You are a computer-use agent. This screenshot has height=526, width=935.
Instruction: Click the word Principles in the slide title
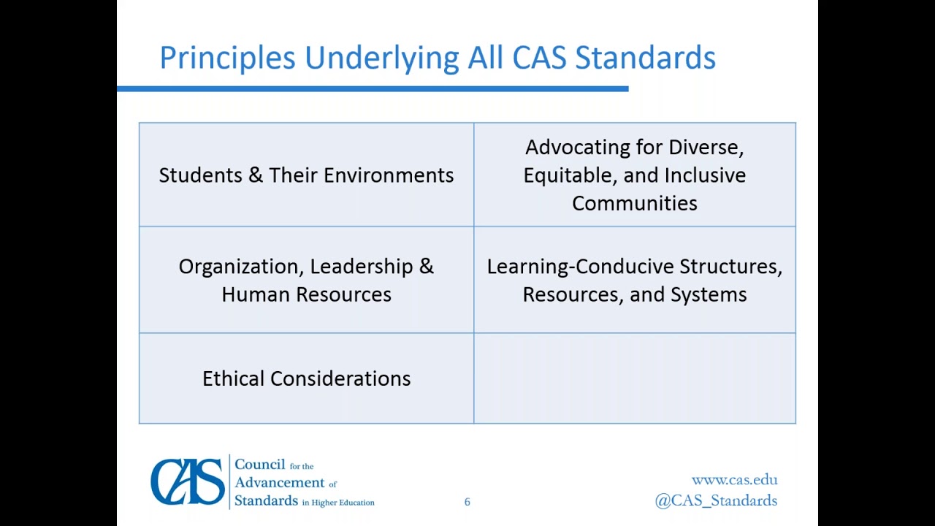pyautogui.click(x=227, y=58)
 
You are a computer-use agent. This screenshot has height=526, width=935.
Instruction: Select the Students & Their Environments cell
pyautogui.click(x=306, y=175)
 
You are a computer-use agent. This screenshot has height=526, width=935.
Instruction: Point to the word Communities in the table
pyautogui.click(x=634, y=203)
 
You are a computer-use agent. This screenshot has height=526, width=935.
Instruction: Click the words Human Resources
pyautogui.click(x=306, y=294)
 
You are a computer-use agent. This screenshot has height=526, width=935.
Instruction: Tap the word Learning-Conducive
pyautogui.click(x=580, y=267)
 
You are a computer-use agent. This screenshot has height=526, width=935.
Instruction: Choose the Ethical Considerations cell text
pyautogui.click(x=306, y=378)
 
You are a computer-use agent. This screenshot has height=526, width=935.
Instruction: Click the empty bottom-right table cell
pyautogui.click(x=634, y=378)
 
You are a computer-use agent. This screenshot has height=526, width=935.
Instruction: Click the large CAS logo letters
pyautogui.click(x=188, y=482)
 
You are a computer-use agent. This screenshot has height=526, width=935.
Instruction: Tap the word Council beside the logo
pyautogui.click(x=260, y=465)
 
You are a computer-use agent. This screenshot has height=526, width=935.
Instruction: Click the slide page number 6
pyautogui.click(x=467, y=502)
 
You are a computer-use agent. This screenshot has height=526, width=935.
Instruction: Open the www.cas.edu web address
pyautogui.click(x=734, y=480)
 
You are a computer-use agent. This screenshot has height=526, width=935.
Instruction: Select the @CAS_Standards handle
pyautogui.click(x=716, y=500)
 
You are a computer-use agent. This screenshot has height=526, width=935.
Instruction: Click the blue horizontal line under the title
pyautogui.click(x=372, y=89)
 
